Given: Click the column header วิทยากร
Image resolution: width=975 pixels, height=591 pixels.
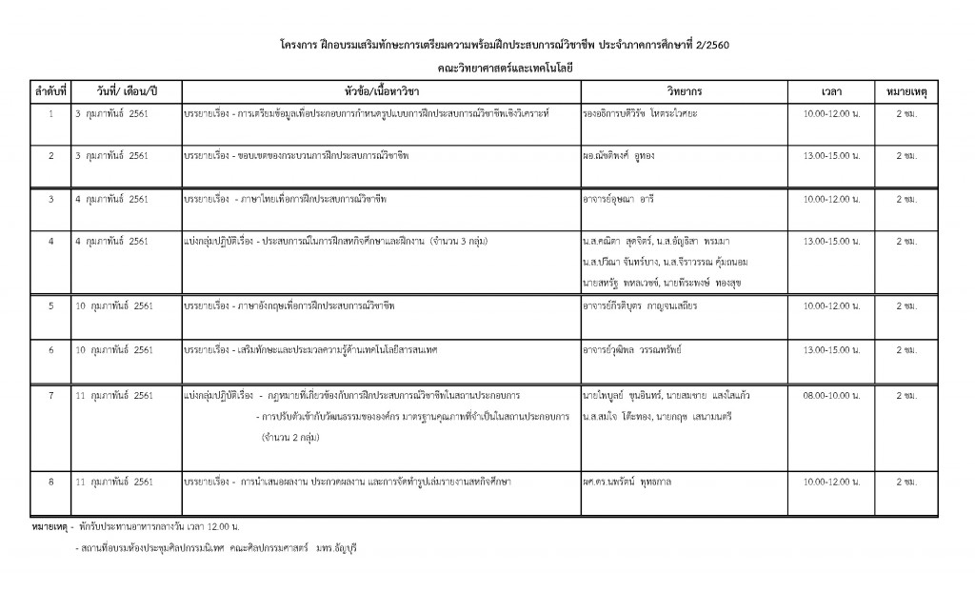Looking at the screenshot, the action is pyautogui.click(x=685, y=91).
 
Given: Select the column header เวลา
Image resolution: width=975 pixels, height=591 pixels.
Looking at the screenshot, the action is pyautogui.click(x=829, y=91).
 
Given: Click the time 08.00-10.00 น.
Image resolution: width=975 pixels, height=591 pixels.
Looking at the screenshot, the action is pyautogui.click(x=829, y=394).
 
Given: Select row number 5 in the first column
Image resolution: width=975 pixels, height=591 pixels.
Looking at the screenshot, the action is pyautogui.click(x=50, y=306).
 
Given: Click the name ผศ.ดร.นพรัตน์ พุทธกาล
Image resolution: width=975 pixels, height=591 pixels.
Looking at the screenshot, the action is pyautogui.click(x=632, y=483).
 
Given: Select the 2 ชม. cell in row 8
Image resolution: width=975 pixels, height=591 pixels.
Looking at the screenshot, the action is pyautogui.click(x=906, y=483).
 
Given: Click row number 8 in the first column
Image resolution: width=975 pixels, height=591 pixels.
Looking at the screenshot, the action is pyautogui.click(x=50, y=483).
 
